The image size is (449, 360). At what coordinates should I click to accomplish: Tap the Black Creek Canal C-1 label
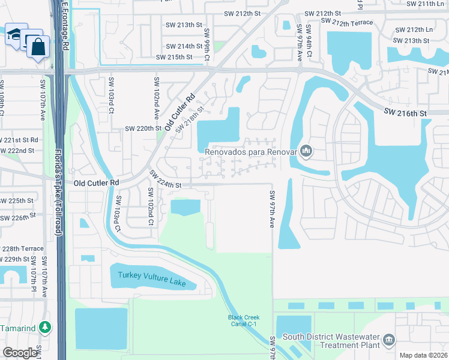243,321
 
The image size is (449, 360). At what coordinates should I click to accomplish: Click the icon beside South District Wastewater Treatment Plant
389,340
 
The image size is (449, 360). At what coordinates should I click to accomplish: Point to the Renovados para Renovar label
252,152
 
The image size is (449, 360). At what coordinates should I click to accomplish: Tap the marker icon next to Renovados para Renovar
307,151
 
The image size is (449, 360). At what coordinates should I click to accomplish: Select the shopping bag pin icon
38,47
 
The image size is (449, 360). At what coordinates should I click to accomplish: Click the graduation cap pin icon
13,35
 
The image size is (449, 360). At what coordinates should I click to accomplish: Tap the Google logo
20,353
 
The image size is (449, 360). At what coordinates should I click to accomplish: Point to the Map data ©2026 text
423,355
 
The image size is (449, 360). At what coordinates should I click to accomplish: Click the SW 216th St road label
406,113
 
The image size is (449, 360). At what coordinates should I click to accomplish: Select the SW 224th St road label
166,179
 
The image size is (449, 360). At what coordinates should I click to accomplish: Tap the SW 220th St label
143,128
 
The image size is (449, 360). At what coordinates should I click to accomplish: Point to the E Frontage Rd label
65,24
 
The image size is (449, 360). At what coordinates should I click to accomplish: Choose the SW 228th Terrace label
22,248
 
